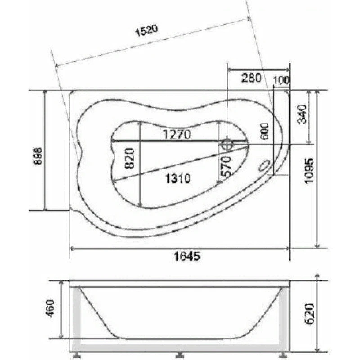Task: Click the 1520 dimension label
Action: point(147,31)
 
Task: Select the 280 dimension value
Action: point(252,78)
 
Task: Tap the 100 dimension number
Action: point(281,81)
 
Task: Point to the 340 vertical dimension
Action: point(301,114)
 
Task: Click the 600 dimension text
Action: point(265,131)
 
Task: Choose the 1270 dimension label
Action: point(177,134)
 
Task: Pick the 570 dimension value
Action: point(225,166)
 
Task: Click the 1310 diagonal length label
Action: point(178,178)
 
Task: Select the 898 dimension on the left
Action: point(38,156)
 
